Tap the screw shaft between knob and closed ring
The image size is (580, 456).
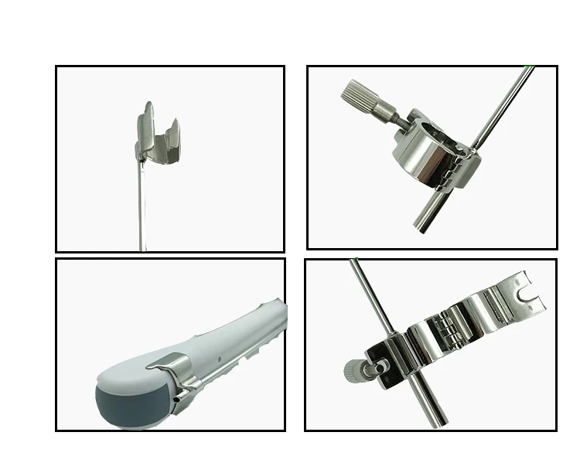[x=391, y=121]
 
